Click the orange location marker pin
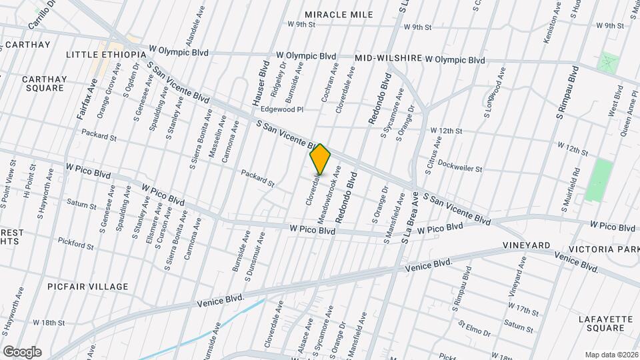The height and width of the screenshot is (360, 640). (x=320, y=159)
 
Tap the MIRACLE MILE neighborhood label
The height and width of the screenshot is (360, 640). (x=338, y=14)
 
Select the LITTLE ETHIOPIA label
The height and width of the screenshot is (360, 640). (x=106, y=54)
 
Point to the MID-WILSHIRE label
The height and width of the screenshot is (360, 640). (x=388, y=59)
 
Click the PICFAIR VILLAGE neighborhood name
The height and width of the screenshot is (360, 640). (x=88, y=287)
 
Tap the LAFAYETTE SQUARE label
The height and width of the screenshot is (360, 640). (x=605, y=323)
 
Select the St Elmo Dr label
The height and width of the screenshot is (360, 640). (x=474, y=328)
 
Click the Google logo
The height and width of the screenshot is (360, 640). (x=21, y=352)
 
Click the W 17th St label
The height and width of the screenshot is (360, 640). (x=523, y=311)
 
